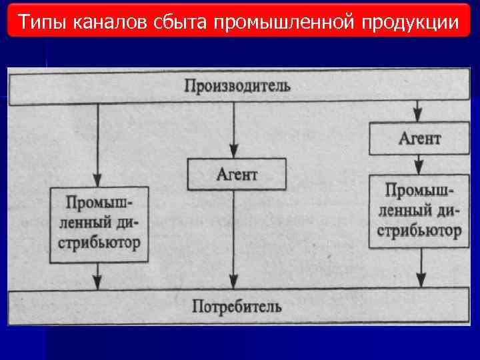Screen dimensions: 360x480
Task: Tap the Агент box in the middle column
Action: [237, 174]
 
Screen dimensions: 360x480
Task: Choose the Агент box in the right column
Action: [419, 139]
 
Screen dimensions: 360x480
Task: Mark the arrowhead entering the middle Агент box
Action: [233, 153]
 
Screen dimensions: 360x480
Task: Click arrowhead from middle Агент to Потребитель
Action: [233, 283]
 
